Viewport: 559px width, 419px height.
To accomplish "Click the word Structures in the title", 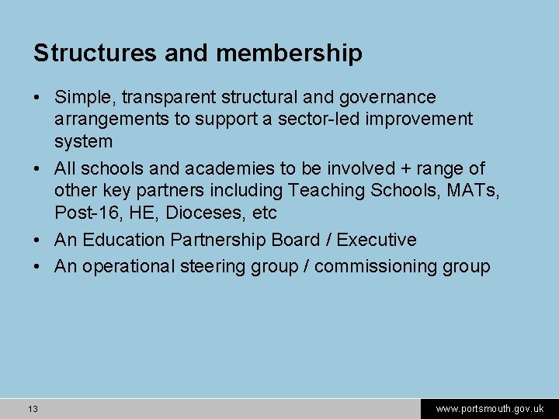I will click(x=95, y=54).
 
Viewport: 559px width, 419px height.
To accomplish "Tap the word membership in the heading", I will click(x=289, y=54).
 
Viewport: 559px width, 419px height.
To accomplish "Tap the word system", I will click(x=83, y=142).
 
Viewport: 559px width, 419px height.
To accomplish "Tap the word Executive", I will click(x=377, y=240).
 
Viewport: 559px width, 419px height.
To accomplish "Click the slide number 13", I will click(x=33, y=409).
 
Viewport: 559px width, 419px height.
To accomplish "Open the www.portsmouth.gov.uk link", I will click(x=489, y=409).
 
